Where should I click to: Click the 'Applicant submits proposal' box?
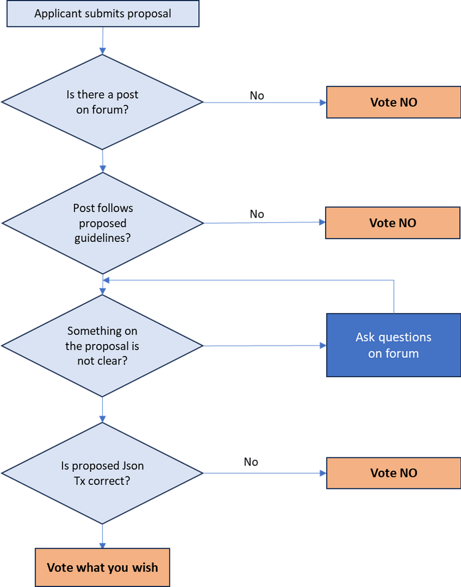[x=103, y=14]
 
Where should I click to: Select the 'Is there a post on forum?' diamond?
[x=102, y=102]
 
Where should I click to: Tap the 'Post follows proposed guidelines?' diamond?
[x=102, y=222]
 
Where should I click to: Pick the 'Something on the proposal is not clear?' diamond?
[x=102, y=346]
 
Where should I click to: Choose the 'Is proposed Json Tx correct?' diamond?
[x=102, y=473]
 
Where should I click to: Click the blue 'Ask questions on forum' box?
[x=393, y=345]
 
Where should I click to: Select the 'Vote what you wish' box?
[x=102, y=568]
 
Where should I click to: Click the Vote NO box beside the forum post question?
[x=393, y=103]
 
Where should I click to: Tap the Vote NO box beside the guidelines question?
[x=392, y=223]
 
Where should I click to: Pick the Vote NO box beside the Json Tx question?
[x=393, y=473]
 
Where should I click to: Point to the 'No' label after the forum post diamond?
[x=257, y=96]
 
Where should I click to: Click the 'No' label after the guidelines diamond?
[x=257, y=214]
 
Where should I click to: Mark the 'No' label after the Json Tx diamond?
[x=251, y=462]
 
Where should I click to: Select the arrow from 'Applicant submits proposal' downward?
[x=103, y=41]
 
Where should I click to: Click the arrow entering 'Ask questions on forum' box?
[x=264, y=346]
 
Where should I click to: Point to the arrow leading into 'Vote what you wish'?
[x=103, y=536]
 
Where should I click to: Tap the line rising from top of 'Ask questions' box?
[x=394, y=296]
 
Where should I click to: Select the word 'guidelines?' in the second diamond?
[x=102, y=237]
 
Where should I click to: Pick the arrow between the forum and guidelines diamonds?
[x=103, y=161]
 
